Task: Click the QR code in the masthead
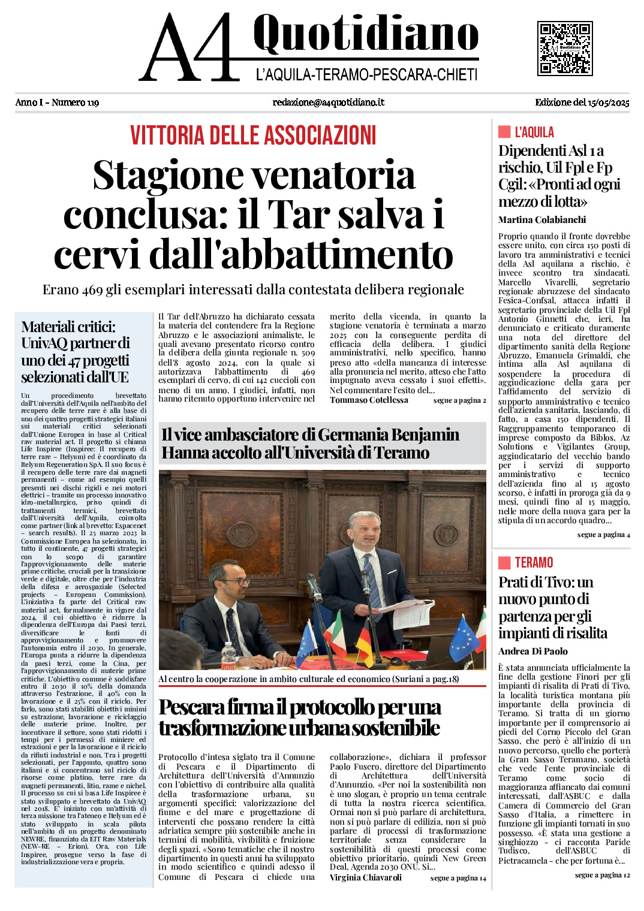coord(564,49)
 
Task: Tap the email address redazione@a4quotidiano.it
coord(328,102)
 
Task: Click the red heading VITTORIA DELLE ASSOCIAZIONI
coord(253,135)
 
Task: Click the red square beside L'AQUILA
coord(504,132)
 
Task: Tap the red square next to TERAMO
coord(504,562)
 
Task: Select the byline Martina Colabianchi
coord(541,220)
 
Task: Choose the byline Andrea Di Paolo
coord(532,651)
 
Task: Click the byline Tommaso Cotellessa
coord(369,400)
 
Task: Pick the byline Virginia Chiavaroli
coord(365,877)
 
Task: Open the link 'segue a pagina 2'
coord(459,400)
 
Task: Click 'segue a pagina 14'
coord(458,878)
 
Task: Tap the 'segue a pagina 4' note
coord(603,535)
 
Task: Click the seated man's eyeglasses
coord(235,582)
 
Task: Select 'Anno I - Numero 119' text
coord(57,102)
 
